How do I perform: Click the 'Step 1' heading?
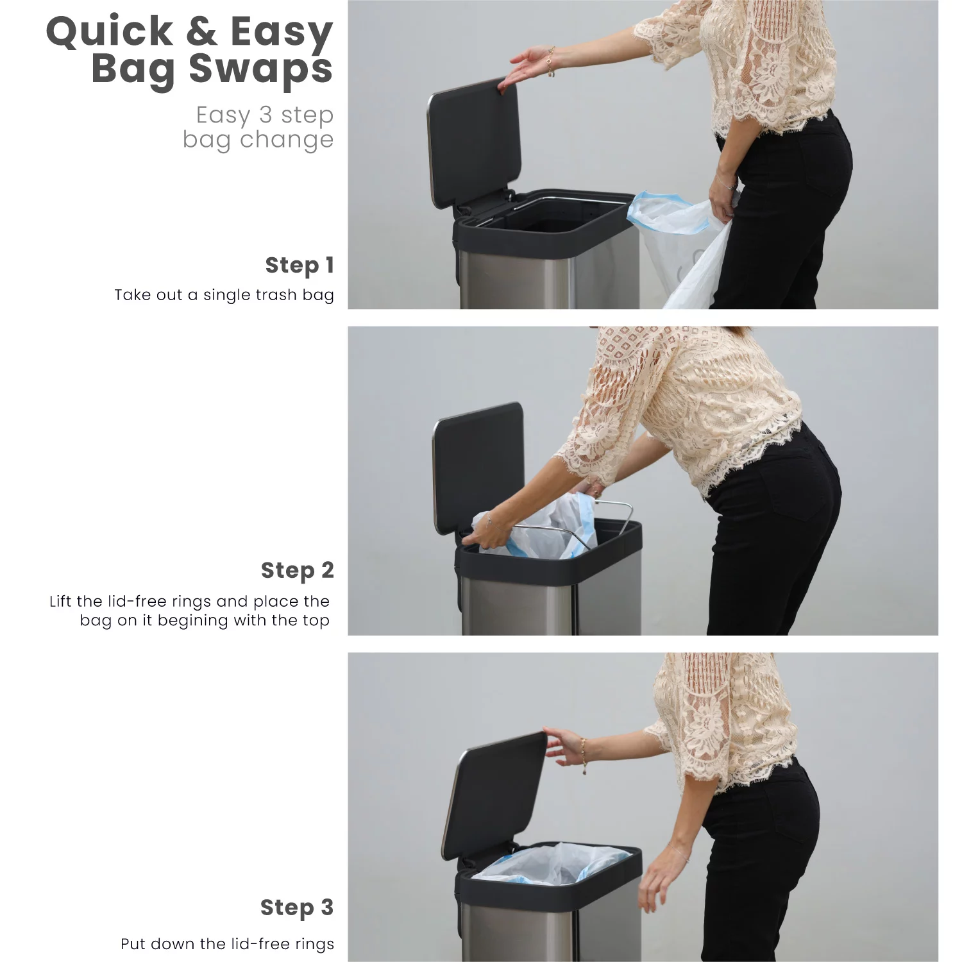tap(300, 265)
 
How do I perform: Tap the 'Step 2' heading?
tap(298, 570)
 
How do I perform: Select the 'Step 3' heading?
tap(297, 907)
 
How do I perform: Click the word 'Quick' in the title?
tap(109, 31)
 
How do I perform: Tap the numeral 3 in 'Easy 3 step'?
tap(265, 115)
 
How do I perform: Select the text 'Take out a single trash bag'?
tap(224, 295)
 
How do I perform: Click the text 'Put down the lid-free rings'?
tap(228, 944)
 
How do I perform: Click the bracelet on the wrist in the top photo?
tap(550, 62)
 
